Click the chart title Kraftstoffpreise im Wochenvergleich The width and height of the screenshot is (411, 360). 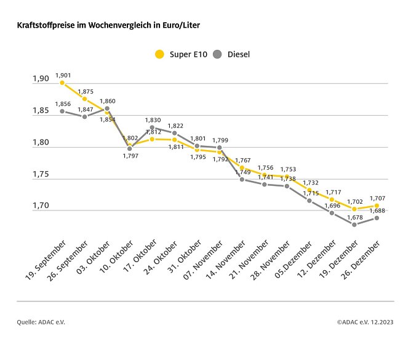click(x=108, y=26)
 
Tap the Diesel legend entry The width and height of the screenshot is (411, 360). click(x=231, y=54)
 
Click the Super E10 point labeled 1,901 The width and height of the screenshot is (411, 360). click(x=62, y=82)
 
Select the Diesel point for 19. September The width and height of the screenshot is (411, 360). click(x=62, y=111)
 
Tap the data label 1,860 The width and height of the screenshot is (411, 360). click(x=107, y=100)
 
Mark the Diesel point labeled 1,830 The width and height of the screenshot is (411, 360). click(x=152, y=127)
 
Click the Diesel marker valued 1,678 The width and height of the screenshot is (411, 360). click(x=354, y=225)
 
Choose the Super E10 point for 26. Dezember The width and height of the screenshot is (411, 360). click(x=377, y=206)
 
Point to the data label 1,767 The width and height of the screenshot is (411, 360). click(x=242, y=160)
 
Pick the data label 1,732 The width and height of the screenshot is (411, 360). click(x=309, y=183)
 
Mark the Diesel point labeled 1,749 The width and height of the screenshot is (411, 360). click(x=242, y=179)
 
